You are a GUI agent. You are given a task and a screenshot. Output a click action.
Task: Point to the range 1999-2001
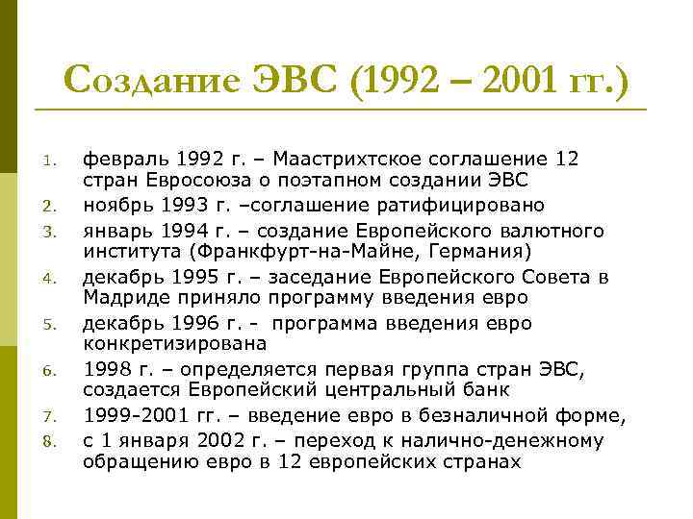pos(143,415)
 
